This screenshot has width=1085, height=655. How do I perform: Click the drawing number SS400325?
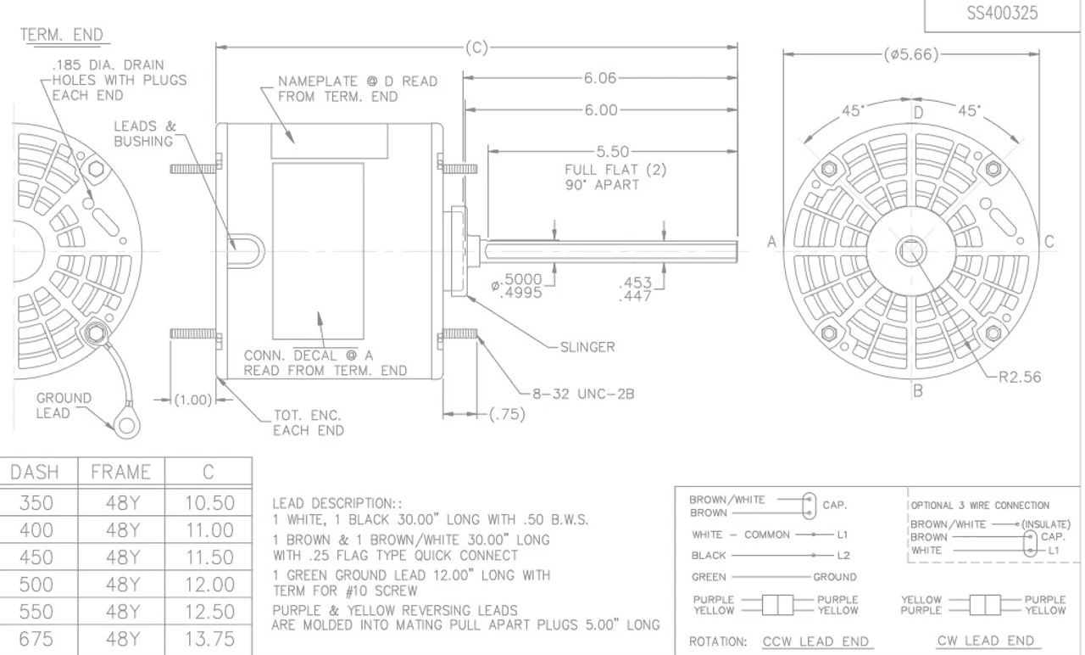click(x=1002, y=13)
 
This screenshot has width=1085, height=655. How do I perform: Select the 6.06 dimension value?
click(x=600, y=78)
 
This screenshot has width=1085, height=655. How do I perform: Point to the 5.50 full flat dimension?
click(x=612, y=152)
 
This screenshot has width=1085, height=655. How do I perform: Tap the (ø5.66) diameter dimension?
click(x=911, y=53)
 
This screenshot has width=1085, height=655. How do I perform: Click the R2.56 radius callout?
click(x=1020, y=377)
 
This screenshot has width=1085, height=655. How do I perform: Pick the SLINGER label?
click(x=587, y=347)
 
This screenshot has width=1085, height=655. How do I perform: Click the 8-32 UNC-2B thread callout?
click(x=583, y=394)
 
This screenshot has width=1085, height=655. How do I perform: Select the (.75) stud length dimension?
click(x=507, y=414)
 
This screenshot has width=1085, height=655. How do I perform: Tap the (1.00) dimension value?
click(x=193, y=400)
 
